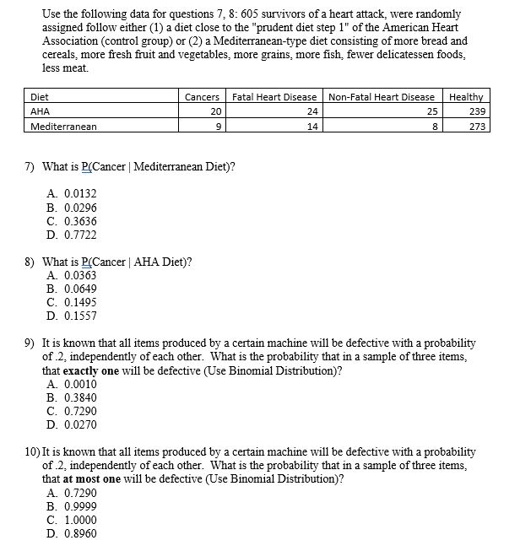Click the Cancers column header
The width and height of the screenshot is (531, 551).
pyautogui.click(x=202, y=97)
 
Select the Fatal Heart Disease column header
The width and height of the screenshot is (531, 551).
pyautogui.click(x=274, y=97)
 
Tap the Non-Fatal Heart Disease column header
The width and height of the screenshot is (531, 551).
pyautogui.click(x=381, y=97)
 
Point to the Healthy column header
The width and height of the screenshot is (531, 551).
pyautogui.click(x=466, y=97)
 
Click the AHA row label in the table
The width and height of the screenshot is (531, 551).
pyautogui.click(x=41, y=111)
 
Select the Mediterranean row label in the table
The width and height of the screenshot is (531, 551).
pyautogui.click(x=63, y=127)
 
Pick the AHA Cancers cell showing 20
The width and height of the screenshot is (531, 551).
pyautogui.click(x=215, y=111)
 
